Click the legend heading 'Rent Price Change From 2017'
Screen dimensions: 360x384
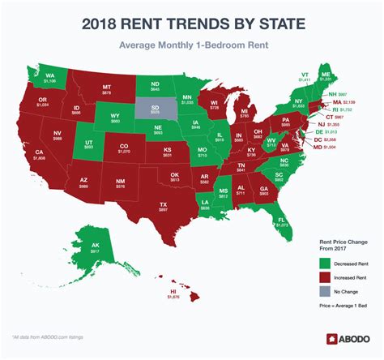pos(328,244)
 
